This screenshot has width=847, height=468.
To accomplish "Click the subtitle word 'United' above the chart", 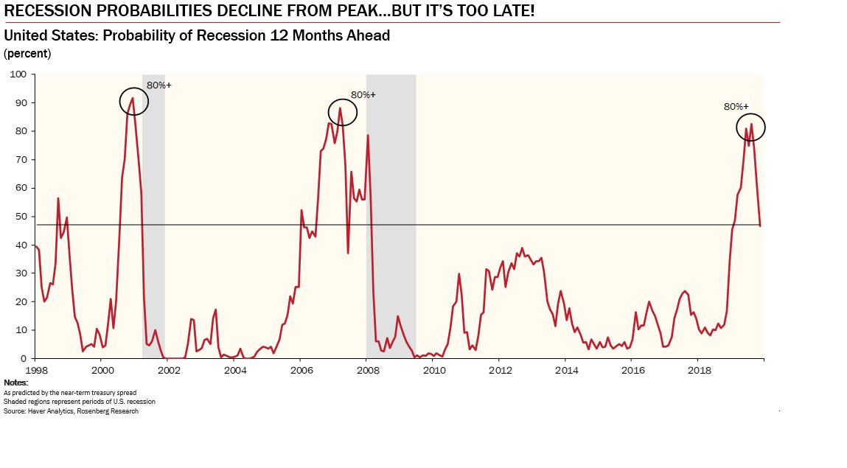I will pyautogui.click(x=24, y=35).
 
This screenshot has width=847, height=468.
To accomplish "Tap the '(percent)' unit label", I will pyautogui.click(x=27, y=53).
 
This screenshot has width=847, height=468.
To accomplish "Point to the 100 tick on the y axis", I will pyautogui.click(x=17, y=74).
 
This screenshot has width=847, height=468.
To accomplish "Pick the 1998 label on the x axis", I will pyautogui.click(x=36, y=369).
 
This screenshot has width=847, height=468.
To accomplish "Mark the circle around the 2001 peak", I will pyautogui.click(x=134, y=102).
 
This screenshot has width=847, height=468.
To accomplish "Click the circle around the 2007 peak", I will pyautogui.click(x=342, y=112).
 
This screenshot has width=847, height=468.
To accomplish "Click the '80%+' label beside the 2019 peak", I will pyautogui.click(x=736, y=106).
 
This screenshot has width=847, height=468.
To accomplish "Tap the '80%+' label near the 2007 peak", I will pyautogui.click(x=363, y=94).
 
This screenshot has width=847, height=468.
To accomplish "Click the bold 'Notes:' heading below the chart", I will pyautogui.click(x=15, y=383).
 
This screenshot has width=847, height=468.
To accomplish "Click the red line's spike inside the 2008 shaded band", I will pyautogui.click(x=368, y=136).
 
